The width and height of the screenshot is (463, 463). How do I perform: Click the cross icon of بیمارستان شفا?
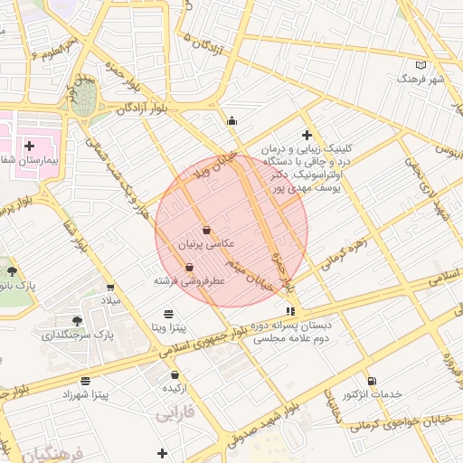point(30,145)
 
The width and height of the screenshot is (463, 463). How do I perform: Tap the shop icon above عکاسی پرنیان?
point(207,230)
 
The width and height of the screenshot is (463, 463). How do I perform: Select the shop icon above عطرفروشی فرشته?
point(189,267)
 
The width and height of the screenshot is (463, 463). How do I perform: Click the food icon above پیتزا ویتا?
point(168,313)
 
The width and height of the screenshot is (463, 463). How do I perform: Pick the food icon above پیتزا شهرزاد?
point(85,381)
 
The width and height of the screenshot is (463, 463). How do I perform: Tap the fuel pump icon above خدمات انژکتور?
point(372,381)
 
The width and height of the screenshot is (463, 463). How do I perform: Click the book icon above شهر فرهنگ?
point(420,65)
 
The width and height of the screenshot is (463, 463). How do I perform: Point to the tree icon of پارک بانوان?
point(12,270)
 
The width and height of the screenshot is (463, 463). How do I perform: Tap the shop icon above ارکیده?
point(175,374)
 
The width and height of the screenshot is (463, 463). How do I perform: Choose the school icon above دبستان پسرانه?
point(289,311)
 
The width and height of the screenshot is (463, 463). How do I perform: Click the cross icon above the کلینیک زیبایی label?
point(307,134)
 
